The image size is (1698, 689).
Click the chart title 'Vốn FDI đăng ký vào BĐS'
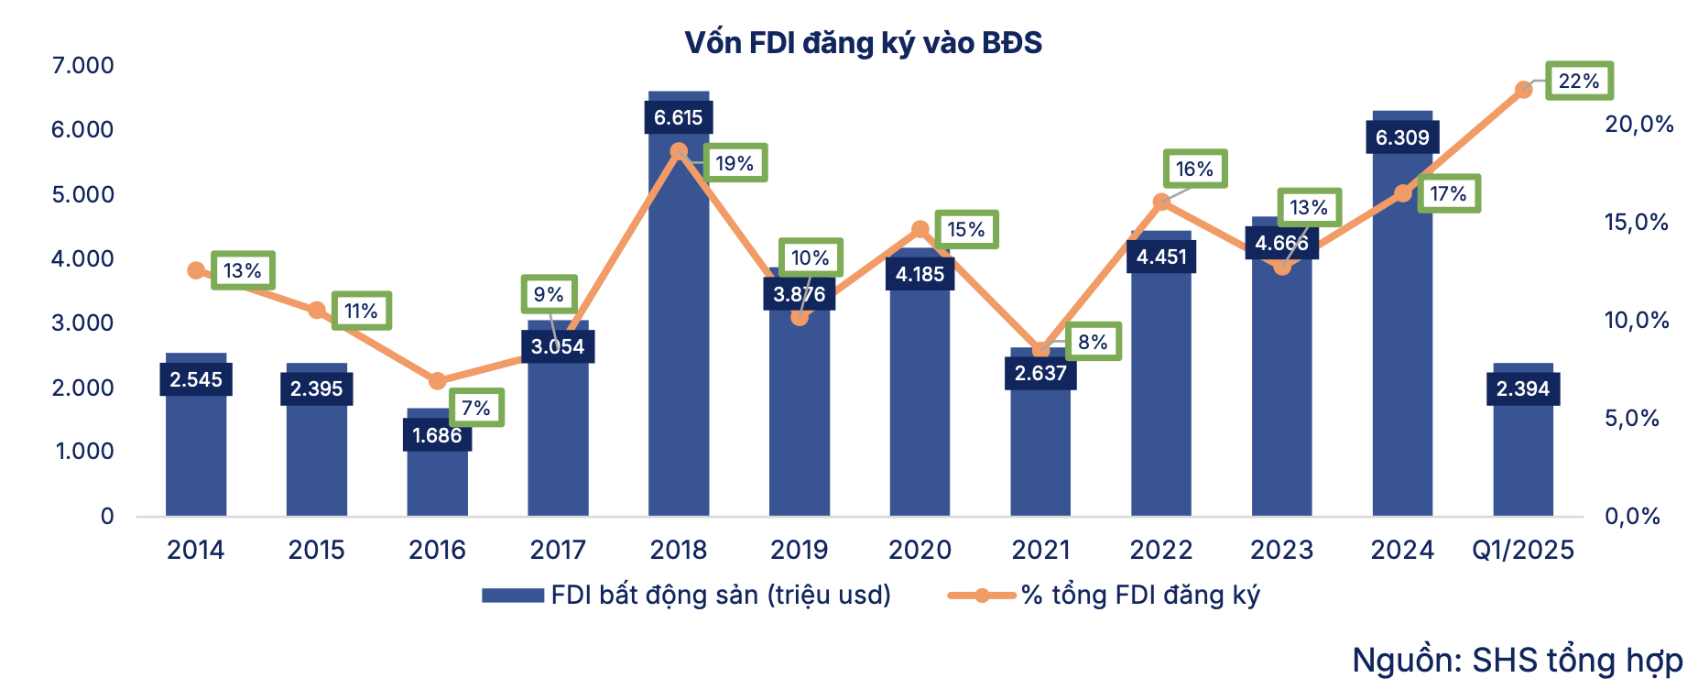click(x=863, y=43)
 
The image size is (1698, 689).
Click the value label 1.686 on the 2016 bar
click(x=437, y=435)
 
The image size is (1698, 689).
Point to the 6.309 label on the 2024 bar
click(x=1402, y=137)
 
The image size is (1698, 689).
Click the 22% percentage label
click(x=1579, y=82)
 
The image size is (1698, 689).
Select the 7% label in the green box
click(x=476, y=408)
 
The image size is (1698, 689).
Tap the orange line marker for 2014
click(x=196, y=270)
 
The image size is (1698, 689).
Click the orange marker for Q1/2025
click(x=1523, y=90)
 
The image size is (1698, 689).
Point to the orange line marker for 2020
click(x=920, y=229)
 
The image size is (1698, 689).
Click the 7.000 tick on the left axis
click(x=82, y=65)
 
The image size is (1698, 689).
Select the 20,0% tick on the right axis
click(x=1638, y=125)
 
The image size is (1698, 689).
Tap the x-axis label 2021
click(x=1040, y=550)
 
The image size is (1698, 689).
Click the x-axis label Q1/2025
click(x=1523, y=550)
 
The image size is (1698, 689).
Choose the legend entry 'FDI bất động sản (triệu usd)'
click(x=687, y=596)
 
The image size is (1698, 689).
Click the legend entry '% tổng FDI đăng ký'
click(x=1105, y=596)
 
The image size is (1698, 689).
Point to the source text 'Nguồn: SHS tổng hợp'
click(x=1518, y=660)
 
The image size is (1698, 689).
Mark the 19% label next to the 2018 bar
click(x=735, y=163)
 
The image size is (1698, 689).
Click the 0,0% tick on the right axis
click(x=1632, y=517)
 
